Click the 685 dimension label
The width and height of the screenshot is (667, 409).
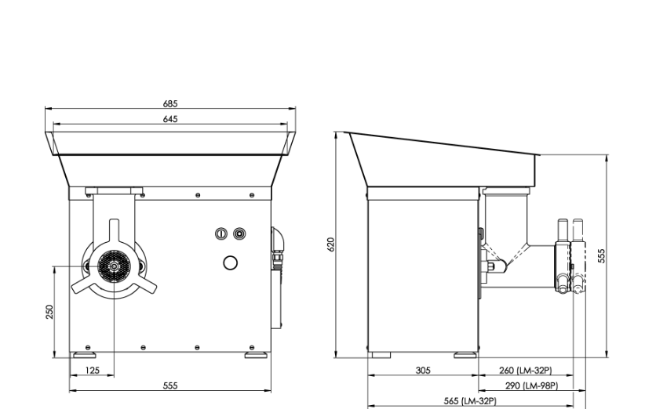170,103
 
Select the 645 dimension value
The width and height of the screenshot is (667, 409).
170,119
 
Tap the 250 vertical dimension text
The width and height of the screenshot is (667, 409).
49,312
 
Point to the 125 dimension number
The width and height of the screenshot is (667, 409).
93,371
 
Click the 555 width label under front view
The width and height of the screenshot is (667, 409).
170,385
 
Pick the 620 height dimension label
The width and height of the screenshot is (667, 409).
331,244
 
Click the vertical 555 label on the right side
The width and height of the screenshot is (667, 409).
601,256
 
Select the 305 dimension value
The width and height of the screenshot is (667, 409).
423,371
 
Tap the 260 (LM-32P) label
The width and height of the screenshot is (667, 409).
525,371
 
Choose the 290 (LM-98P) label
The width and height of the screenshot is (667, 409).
532,385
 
